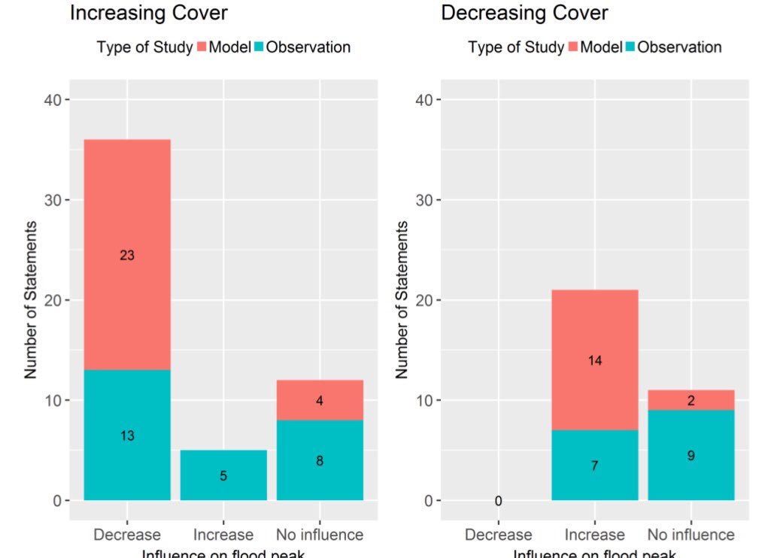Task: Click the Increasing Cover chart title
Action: pos(148,13)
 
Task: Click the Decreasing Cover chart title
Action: pos(524,13)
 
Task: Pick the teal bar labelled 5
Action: pos(223,475)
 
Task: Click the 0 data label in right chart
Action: pos(498,502)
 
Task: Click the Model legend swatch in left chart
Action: pos(202,47)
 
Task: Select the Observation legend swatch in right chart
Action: pos(630,47)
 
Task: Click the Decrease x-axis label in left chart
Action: pos(127,535)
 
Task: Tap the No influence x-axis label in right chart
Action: pos(690,535)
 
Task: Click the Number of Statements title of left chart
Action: pos(31,300)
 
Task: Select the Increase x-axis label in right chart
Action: pos(594,535)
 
